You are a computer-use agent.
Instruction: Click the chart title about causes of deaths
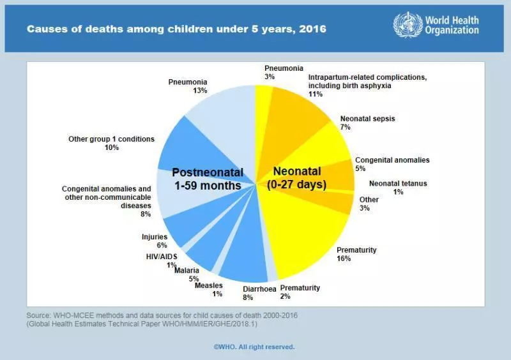176,29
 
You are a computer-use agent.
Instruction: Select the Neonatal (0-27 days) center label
297,178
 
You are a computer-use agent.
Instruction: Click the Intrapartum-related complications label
367,80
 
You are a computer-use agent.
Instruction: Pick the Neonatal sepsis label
367,119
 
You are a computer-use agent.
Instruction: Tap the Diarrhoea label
260,289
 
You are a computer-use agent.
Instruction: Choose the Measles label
208,285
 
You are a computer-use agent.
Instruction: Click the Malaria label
187,271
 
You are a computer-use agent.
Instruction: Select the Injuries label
154,237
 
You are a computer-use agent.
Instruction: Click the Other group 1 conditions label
102,139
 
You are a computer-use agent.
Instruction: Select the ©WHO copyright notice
254,347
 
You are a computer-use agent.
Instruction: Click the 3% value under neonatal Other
364,208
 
